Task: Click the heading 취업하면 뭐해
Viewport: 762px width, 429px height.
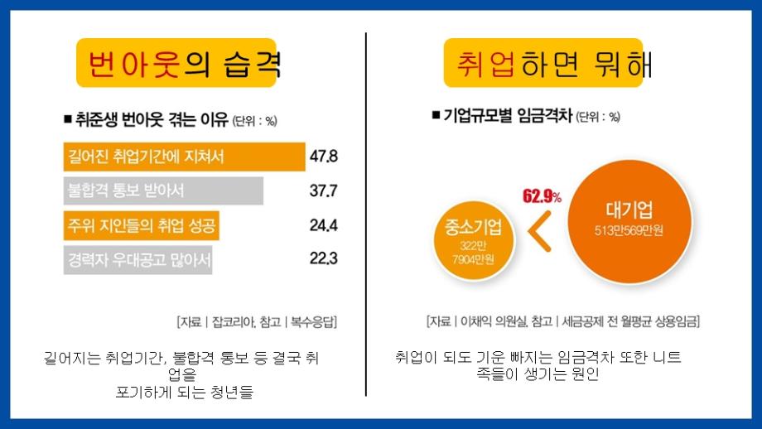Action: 552,63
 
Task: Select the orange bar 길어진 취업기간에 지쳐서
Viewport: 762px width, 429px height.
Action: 184,157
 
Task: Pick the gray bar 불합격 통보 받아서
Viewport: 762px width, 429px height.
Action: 163,190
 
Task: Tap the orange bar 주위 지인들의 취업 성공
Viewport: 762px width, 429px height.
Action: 142,224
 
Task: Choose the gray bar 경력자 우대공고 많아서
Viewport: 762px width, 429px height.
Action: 137,258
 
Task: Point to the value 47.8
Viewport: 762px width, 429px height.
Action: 323,156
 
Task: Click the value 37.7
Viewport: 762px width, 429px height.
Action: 323,190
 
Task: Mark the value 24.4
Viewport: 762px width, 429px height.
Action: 323,224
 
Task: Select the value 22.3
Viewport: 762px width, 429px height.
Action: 323,258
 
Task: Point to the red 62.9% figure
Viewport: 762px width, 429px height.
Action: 542,197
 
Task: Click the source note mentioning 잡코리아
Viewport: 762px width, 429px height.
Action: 257,321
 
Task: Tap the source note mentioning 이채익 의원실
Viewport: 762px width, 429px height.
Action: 562,321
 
